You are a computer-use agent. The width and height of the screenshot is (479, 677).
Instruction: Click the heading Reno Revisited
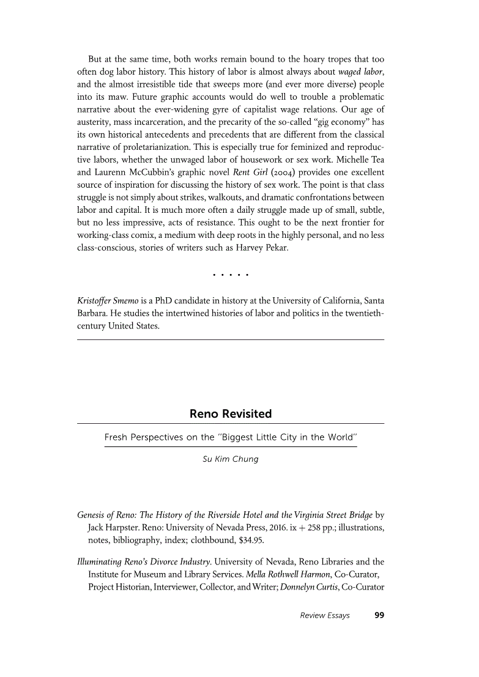[231, 414]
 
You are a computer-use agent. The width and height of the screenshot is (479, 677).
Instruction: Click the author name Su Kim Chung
[231, 459]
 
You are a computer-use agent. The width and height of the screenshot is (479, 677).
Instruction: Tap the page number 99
[379, 615]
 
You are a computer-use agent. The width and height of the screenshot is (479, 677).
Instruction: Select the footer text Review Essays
[325, 615]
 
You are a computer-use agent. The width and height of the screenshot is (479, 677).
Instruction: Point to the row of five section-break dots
[231, 275]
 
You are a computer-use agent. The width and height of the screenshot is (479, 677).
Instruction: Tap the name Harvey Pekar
[261, 249]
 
